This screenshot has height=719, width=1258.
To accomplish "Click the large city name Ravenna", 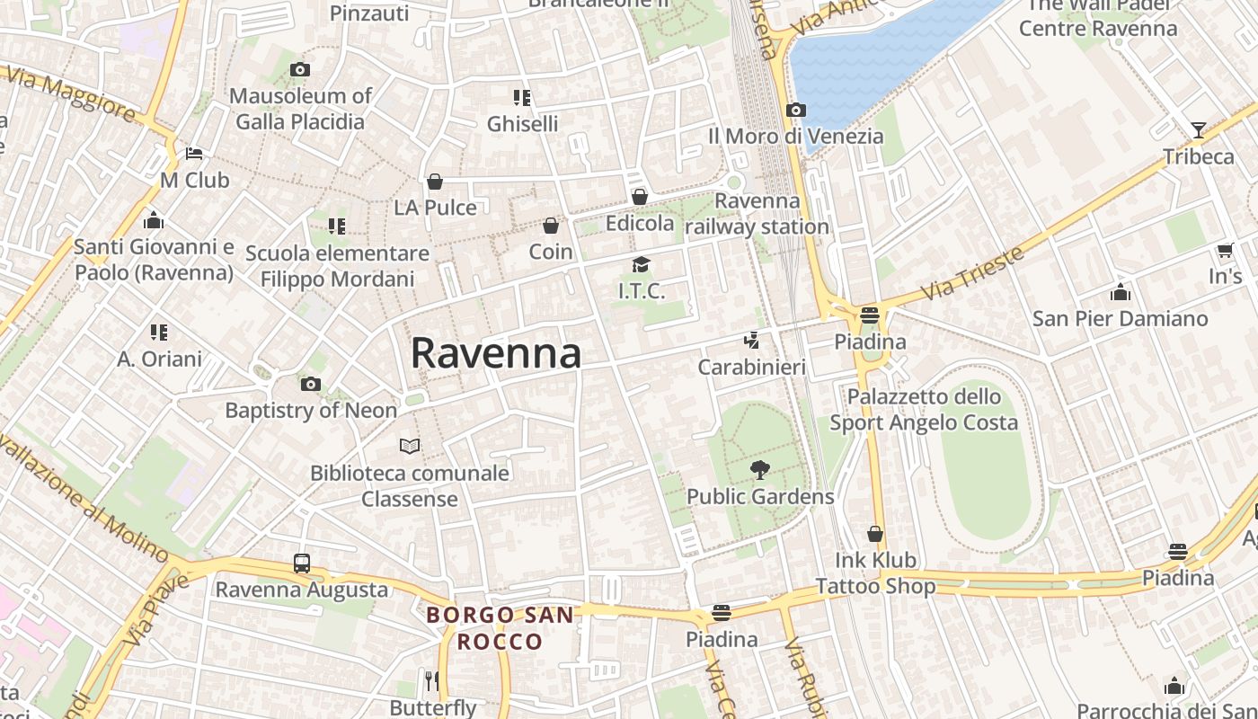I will pyautogui.click(x=496, y=353).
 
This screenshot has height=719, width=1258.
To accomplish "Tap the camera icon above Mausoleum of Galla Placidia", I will pyautogui.click(x=300, y=69).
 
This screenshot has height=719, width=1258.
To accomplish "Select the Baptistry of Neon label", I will pyautogui.click(x=311, y=411).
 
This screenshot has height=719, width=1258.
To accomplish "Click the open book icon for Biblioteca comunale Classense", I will pyautogui.click(x=410, y=446).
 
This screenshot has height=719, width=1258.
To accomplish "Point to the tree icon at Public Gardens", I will pyautogui.click(x=760, y=469).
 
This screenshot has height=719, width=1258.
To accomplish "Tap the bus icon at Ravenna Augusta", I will pyautogui.click(x=302, y=564).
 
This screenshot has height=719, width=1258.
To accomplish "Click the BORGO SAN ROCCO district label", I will pyautogui.click(x=500, y=628).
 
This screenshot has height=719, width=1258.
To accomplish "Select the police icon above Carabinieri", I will pyautogui.click(x=751, y=341).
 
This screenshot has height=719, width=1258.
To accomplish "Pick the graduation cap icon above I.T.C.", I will pyautogui.click(x=641, y=264).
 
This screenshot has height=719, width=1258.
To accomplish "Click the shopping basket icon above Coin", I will pyautogui.click(x=551, y=225).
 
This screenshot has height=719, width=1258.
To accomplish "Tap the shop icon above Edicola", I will pyautogui.click(x=640, y=196).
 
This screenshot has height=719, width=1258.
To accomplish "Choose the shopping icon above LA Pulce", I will pyautogui.click(x=435, y=182).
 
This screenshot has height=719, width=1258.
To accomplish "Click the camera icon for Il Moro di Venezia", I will pyautogui.click(x=795, y=111).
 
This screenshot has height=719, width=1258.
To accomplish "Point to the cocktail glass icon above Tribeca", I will pyautogui.click(x=1198, y=130).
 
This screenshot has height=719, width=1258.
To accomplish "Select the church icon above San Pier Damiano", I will pyautogui.click(x=1120, y=292).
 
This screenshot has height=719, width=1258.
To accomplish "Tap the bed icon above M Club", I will pyautogui.click(x=194, y=154).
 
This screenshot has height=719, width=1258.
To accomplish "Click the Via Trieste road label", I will pyautogui.click(x=972, y=272).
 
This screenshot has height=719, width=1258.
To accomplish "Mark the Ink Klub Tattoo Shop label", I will pyautogui.click(x=876, y=573).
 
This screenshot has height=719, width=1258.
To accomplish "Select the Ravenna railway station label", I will pyautogui.click(x=757, y=214).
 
